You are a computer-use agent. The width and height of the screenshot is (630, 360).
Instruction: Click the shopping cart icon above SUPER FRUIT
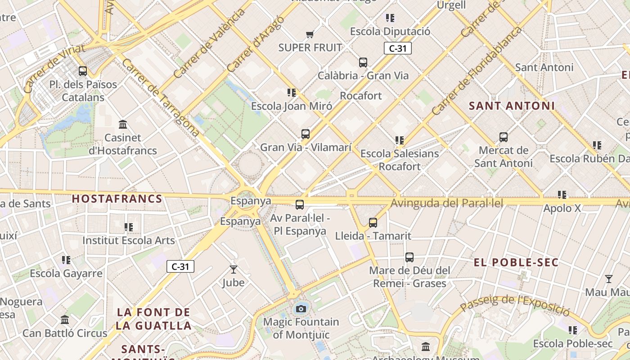pos(310,34)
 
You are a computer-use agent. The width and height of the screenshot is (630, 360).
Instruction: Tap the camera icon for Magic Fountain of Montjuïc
pos(301,309)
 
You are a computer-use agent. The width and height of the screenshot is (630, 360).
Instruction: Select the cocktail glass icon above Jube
pos(233,270)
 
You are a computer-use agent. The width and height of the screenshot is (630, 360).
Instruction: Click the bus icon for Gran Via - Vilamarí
pos(306,134)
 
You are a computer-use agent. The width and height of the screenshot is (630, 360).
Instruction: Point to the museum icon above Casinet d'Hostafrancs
pos(123,124)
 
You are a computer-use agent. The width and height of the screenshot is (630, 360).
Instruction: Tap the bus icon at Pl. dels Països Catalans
pos(83,71)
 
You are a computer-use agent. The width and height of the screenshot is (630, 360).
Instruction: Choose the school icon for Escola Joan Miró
pos(292,93)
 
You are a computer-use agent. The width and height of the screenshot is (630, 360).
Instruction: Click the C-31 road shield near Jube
pos(180,266)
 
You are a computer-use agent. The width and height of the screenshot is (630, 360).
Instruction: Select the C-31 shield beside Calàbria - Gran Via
pos(398,49)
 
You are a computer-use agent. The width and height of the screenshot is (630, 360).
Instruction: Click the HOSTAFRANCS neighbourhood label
pos(117,199)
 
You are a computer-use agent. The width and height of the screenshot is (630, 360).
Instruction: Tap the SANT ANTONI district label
pos(512,106)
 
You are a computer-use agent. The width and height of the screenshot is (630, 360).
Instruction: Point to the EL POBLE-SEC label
pos(516,262)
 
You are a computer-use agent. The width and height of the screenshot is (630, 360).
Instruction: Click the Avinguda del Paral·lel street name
pos(446,203)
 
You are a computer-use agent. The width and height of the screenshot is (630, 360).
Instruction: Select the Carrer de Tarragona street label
pos(160,97)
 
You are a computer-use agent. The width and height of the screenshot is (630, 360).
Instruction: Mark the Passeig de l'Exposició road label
pos(515,305)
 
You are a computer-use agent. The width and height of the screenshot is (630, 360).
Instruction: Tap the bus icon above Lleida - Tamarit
pos(373,223)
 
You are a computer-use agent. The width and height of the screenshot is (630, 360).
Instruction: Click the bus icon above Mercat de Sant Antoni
pos(504,137)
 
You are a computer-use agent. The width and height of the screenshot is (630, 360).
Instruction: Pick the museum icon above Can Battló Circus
pos(65,320)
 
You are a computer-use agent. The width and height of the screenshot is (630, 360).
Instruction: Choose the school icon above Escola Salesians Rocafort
pos(400,140)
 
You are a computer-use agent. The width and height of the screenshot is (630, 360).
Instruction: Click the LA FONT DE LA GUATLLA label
pos(153,319)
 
